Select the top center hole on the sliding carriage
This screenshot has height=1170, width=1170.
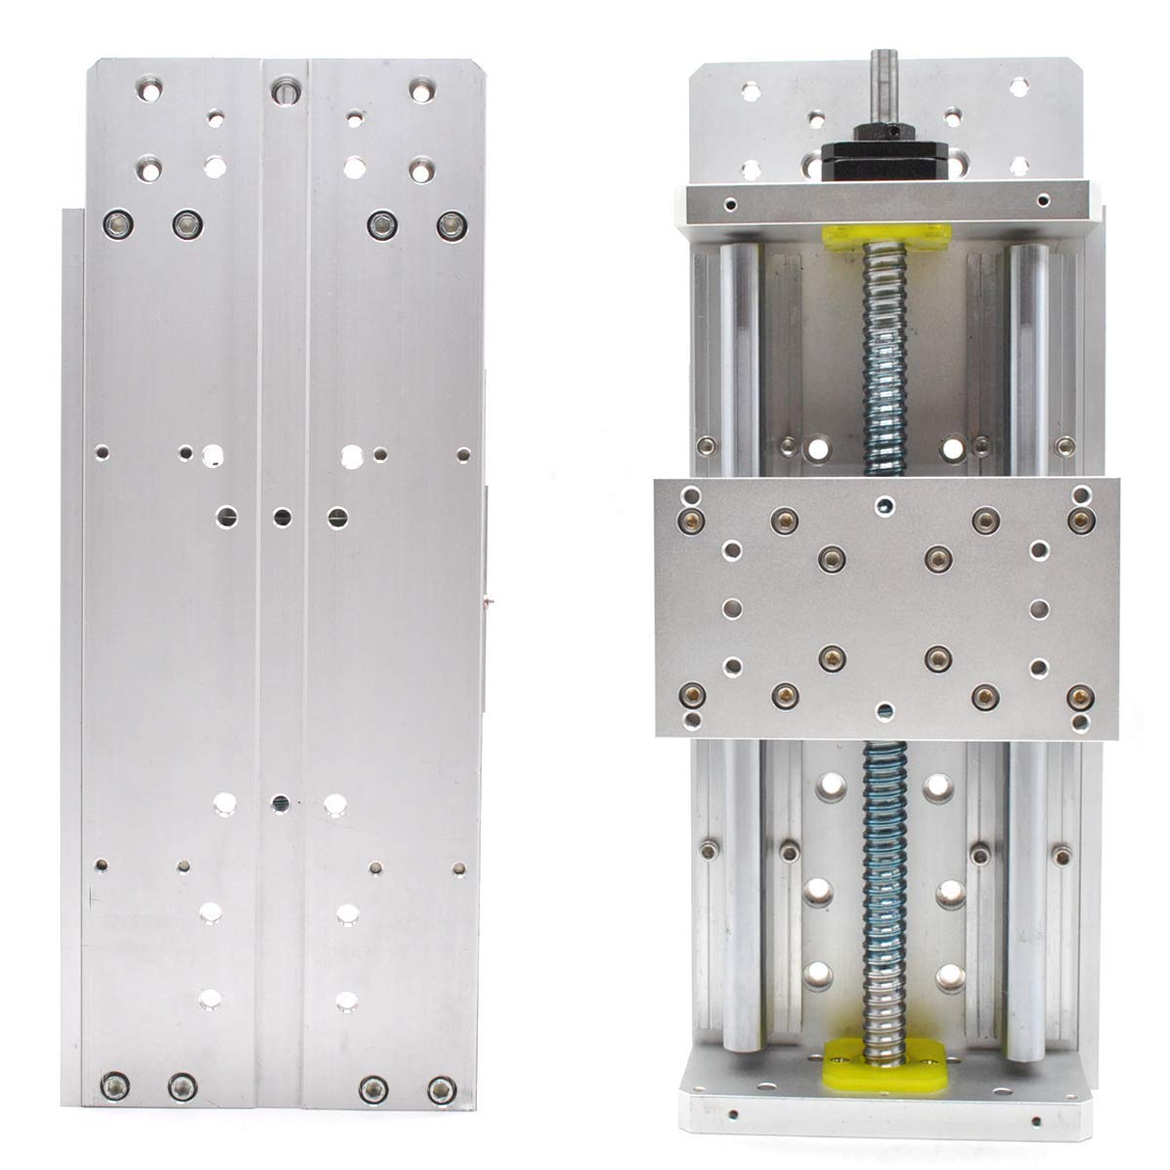point(883,504)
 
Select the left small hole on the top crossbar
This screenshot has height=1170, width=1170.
point(729,206)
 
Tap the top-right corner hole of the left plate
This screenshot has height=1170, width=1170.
point(420,90)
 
